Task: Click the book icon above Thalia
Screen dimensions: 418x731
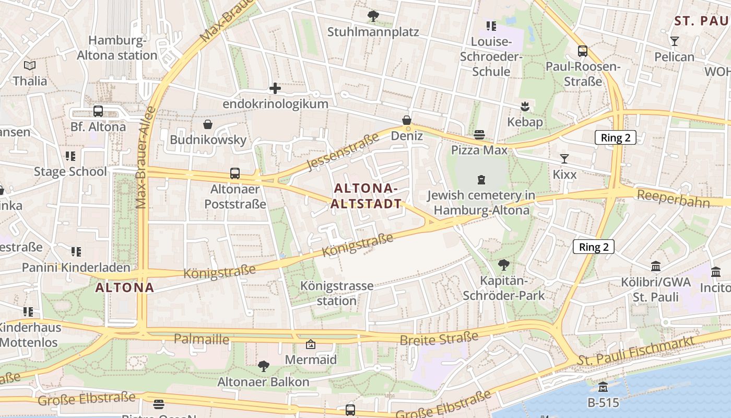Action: (x=30, y=65)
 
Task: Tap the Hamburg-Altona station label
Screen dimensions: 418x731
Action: (x=117, y=48)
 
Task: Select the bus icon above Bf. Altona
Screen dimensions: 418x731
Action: (x=98, y=111)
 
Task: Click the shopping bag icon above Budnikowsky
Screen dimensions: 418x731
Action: (x=208, y=124)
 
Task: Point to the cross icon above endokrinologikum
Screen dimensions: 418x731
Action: (x=275, y=88)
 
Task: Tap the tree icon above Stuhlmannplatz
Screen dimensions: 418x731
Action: (x=373, y=16)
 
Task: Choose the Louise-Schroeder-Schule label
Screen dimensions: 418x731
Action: (x=491, y=56)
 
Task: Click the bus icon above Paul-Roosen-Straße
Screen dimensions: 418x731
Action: (x=583, y=51)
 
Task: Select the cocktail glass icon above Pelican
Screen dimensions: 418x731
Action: (x=675, y=41)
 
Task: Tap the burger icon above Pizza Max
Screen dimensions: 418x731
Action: (x=479, y=135)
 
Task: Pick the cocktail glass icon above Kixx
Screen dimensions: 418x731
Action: (x=564, y=159)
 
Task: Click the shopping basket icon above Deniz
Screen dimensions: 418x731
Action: (x=407, y=121)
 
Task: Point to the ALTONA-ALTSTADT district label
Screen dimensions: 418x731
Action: (x=367, y=196)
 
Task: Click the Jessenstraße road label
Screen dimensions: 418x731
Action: (x=343, y=153)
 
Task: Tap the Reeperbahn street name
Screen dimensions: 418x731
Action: (x=674, y=199)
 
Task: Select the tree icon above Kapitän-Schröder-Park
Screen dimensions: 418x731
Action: (x=504, y=265)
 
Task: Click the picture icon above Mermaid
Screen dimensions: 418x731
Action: (x=311, y=344)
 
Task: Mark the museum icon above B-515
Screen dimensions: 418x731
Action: (x=603, y=387)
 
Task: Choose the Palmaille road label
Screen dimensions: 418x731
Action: (x=202, y=340)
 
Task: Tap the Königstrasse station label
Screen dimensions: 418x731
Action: (x=337, y=294)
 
